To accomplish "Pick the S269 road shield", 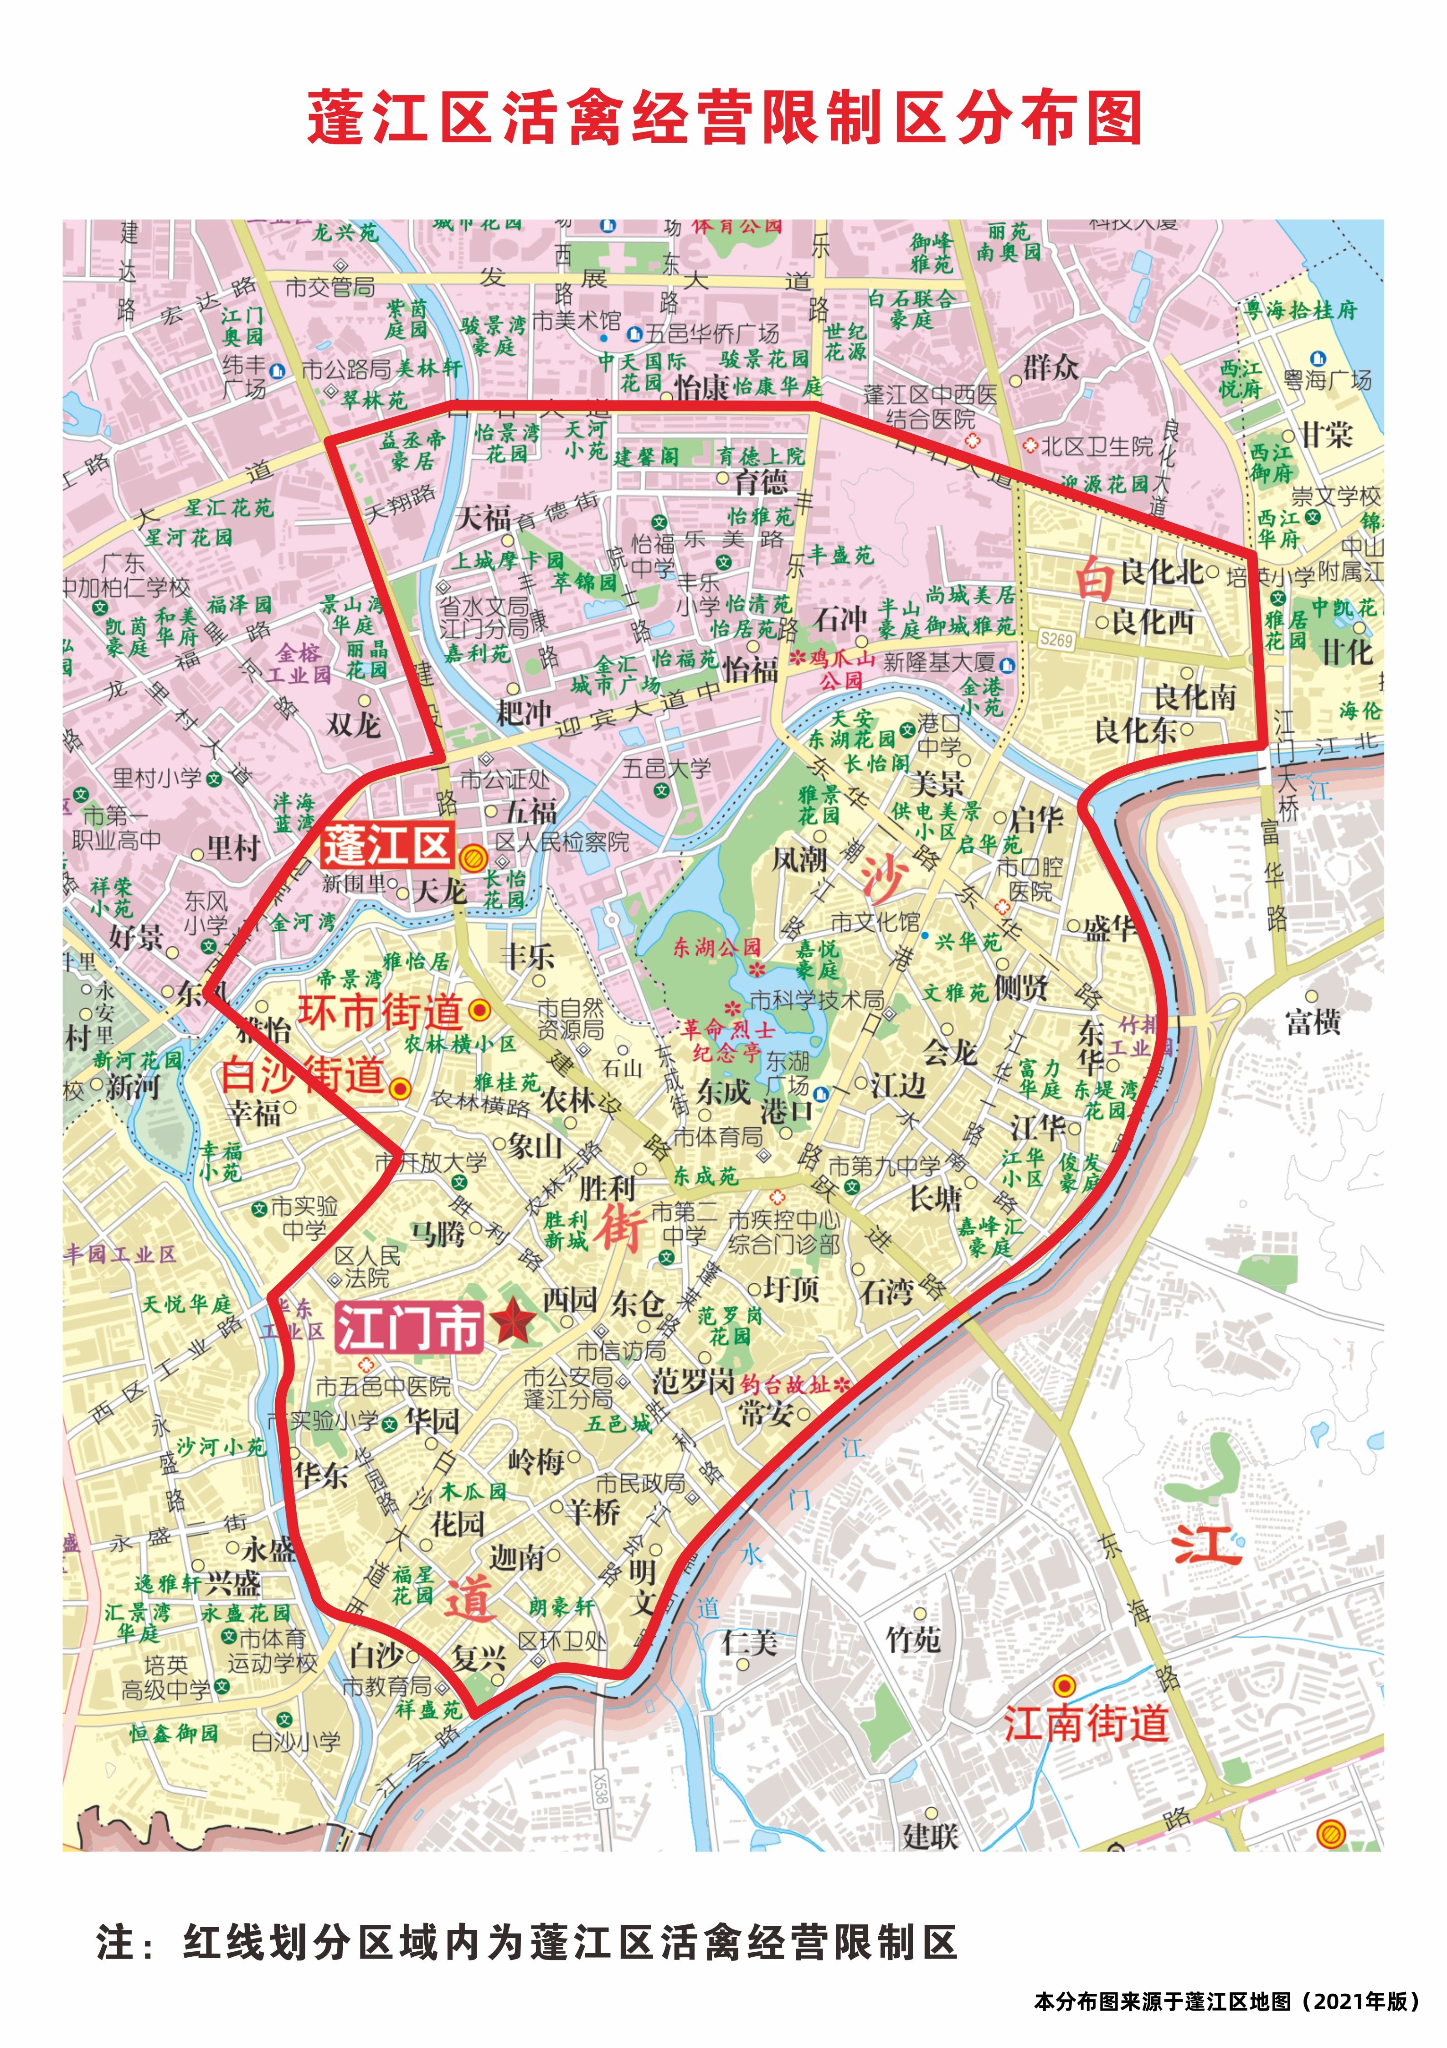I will [1056, 639].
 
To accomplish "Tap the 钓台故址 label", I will [785, 1384].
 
